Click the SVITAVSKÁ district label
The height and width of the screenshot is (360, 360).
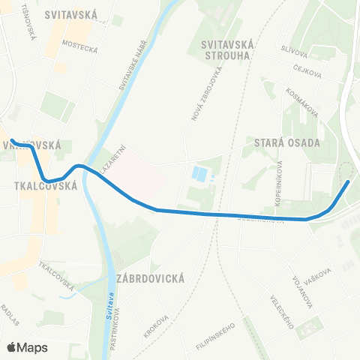[x=71, y=14]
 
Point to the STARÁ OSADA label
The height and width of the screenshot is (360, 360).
[x=287, y=142]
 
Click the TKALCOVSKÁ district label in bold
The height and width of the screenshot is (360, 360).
[x=46, y=185]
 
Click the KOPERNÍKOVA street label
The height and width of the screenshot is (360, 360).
[x=279, y=183]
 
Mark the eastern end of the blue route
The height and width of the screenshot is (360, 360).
[x=348, y=182]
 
